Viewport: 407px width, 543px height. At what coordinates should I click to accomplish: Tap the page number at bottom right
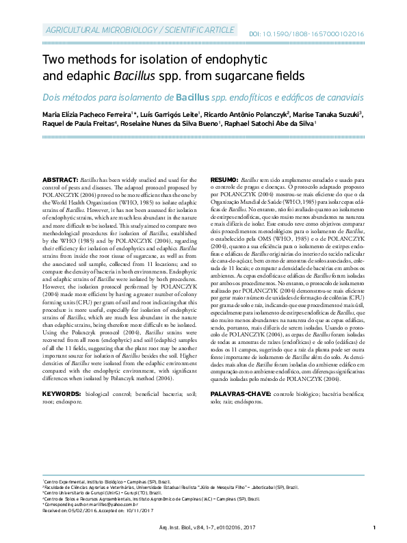tap(374, 527)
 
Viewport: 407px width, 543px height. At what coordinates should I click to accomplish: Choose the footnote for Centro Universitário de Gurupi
tap(103, 492)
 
